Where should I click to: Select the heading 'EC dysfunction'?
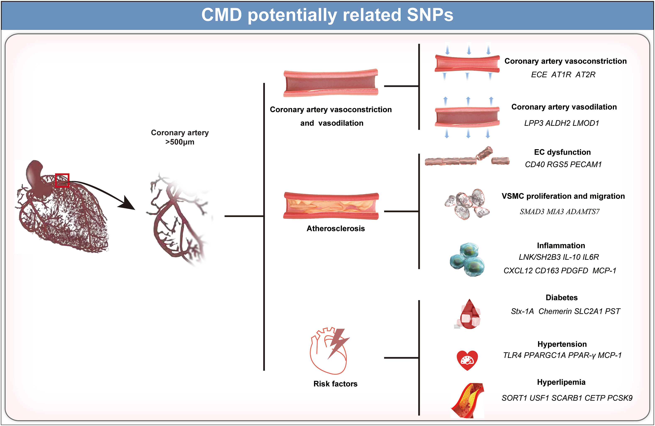coord(562,152)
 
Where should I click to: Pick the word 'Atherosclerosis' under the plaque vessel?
coord(336,229)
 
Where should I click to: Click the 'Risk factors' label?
coord(335,384)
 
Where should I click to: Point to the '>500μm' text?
coord(180,142)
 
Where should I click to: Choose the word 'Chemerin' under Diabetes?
coord(555,311)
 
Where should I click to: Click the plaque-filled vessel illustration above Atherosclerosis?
coord(331,206)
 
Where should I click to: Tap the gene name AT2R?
coord(585,75)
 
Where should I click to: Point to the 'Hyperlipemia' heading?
coord(561,382)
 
